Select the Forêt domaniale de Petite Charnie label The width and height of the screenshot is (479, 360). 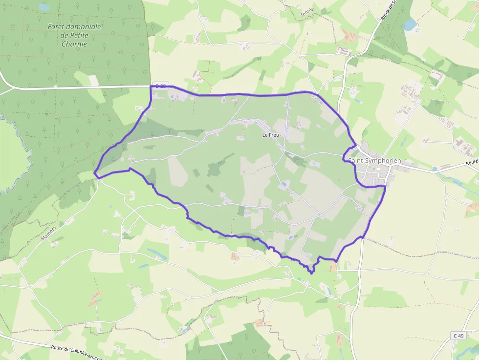click(74, 35)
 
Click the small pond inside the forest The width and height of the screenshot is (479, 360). click(44, 7)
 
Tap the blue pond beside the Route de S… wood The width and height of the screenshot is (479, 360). click(409, 24)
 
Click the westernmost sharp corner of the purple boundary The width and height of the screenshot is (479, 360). click(94, 172)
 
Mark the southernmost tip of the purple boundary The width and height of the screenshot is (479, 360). click(312, 273)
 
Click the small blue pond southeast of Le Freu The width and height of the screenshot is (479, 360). click(284, 185)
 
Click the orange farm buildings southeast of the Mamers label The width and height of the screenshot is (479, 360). click(95, 297)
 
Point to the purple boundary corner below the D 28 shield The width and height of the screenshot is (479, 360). click(150, 106)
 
